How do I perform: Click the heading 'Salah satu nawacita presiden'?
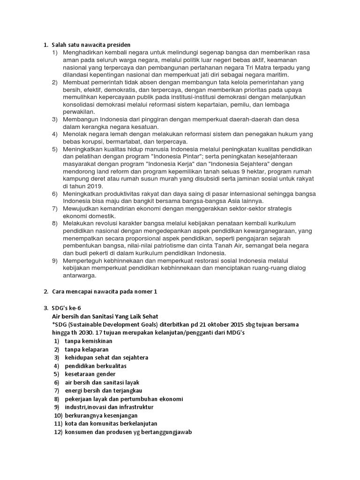click(90, 45)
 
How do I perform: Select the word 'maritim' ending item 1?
click(277, 75)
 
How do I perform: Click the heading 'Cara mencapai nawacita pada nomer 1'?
click(104, 292)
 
